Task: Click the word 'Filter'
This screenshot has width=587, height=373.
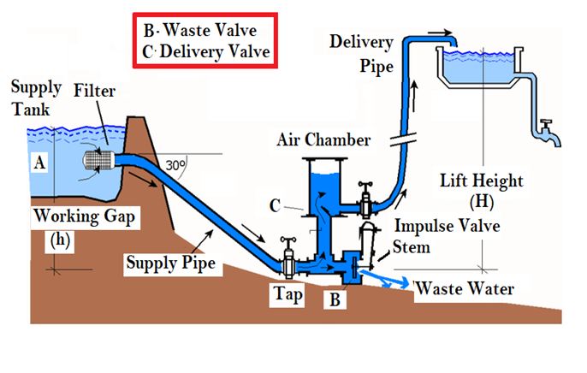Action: tap(94, 90)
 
